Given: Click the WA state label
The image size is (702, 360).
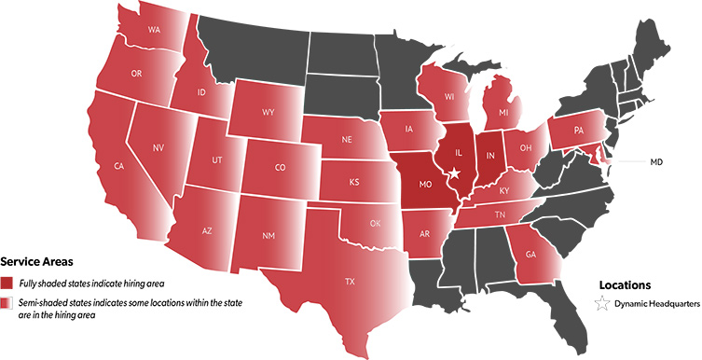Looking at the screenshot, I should click(x=154, y=29).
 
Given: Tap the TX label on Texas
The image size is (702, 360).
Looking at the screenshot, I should click(x=350, y=281).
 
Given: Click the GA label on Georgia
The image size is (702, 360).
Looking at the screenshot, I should click(x=531, y=253).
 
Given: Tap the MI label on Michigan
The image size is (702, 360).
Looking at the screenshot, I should click(x=503, y=113).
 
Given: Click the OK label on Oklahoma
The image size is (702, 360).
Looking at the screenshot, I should click(x=376, y=224).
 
